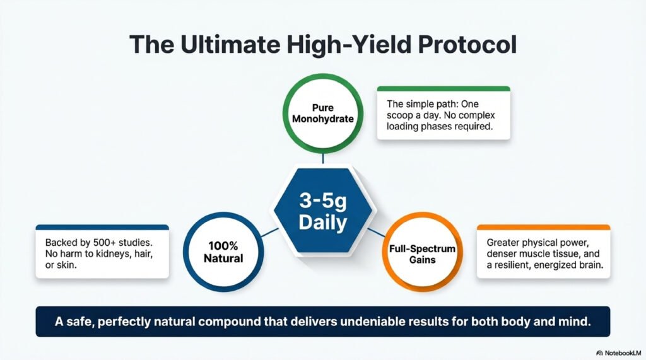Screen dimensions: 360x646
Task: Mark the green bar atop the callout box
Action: (443, 88)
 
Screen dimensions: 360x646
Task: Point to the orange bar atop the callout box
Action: (543, 227)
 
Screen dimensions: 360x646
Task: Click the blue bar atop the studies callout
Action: (102, 227)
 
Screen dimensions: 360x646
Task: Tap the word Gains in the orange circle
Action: (421, 260)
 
